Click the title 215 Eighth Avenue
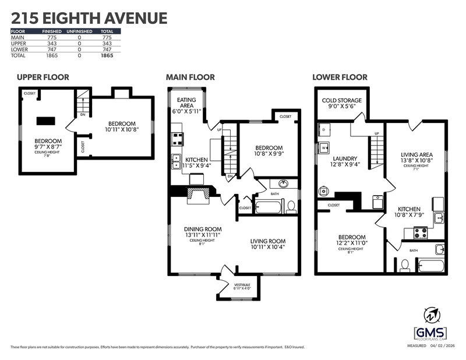point(89,17)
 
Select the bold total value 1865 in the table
point(106,56)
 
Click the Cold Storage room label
point(342,100)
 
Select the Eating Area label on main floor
point(186,103)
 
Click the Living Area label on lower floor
point(416,155)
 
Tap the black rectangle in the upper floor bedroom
point(45,121)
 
